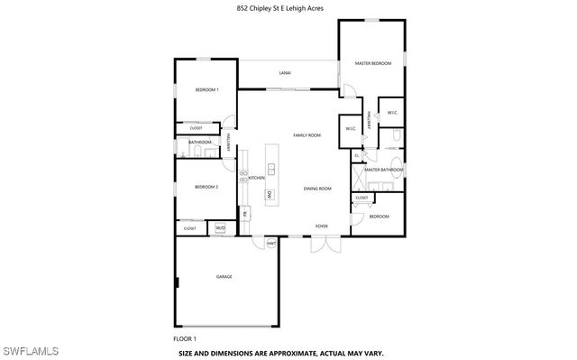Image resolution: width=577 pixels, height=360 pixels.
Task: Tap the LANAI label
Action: coord(284,72)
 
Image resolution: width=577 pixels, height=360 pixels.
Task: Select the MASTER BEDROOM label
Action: coord(373,63)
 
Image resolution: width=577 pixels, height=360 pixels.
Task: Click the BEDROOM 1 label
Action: coord(207,91)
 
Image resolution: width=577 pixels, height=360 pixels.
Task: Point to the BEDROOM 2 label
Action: coord(206,187)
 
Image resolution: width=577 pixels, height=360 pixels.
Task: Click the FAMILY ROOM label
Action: coord(307,135)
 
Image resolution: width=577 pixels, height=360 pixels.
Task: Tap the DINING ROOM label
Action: coord(317,189)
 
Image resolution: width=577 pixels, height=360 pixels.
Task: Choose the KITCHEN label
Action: coord(256,178)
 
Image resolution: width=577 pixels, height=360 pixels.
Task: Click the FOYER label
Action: coord(321,226)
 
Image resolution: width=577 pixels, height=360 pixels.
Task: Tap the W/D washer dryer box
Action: coord(219,228)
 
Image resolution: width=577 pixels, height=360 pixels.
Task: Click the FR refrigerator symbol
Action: coord(243,214)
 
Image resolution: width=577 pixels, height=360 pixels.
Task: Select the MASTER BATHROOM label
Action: coord(383,170)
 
